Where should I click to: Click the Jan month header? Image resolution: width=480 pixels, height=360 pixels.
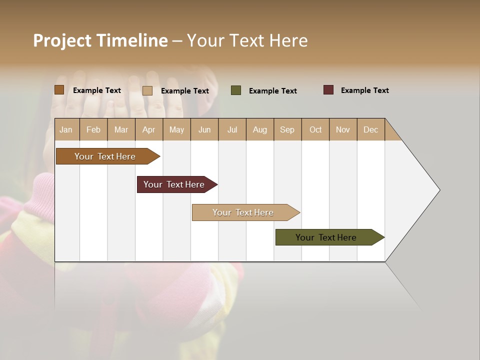[66, 129]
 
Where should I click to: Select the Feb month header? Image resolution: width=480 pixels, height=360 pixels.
[93, 129]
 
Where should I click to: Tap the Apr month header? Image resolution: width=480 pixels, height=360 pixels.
[148, 129]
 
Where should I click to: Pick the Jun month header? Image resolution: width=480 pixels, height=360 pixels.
[204, 129]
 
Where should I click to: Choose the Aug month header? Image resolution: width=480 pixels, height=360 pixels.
[259, 129]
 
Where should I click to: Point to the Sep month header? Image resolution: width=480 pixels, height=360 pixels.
[287, 129]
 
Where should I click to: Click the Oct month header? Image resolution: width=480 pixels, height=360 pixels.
[315, 129]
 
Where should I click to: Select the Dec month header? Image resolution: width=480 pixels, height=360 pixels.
[370, 129]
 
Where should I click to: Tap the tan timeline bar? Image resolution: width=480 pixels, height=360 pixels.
[243, 212]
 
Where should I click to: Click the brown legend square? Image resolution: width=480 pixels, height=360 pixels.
[59, 90]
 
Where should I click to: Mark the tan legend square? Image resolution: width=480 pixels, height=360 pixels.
[147, 90]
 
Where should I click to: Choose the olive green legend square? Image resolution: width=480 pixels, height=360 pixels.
[235, 90]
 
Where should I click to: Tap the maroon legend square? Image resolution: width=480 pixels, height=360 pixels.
[328, 90]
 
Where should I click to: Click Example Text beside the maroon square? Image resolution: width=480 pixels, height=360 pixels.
[364, 90]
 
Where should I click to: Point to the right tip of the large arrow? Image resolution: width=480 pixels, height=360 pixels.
[439, 190]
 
